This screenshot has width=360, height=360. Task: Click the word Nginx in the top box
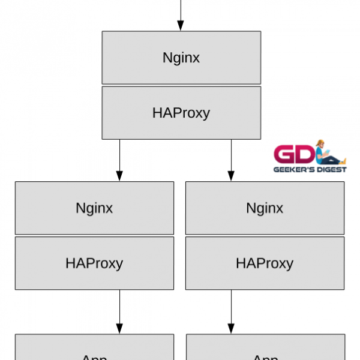(181, 58)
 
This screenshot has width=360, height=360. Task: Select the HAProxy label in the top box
(181, 113)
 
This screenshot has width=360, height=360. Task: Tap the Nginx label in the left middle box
(94, 208)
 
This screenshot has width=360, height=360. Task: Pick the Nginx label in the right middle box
(265, 208)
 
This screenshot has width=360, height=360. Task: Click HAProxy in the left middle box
(94, 263)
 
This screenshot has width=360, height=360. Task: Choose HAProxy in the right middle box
(265, 263)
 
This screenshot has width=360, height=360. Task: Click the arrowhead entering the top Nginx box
(181, 26)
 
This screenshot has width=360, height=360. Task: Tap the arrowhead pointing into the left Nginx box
(119, 176)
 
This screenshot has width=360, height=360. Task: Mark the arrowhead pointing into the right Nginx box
(230, 176)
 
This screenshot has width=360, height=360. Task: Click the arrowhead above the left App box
(119, 329)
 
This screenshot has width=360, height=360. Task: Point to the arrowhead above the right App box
(230, 329)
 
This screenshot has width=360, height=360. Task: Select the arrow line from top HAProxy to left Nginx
(119, 156)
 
